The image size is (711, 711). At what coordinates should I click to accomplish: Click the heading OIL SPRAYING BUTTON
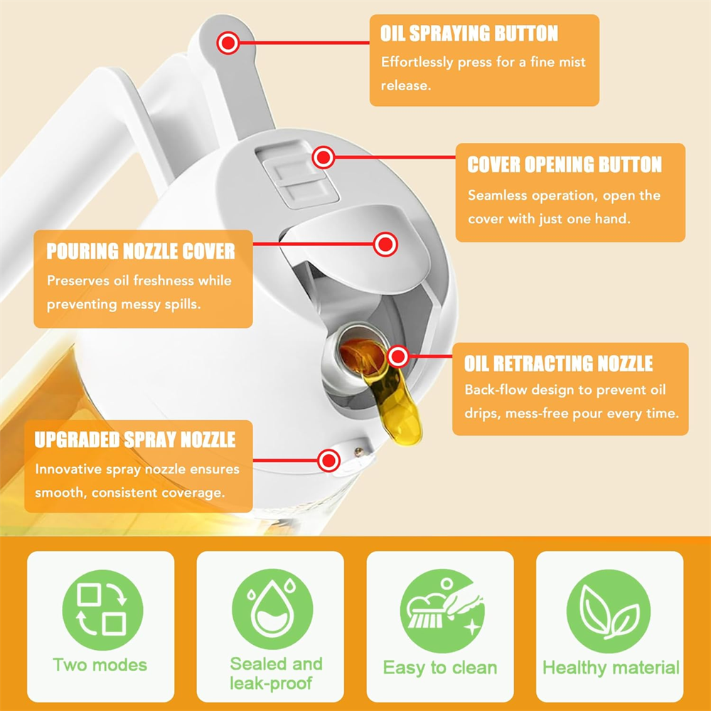[x=469, y=33]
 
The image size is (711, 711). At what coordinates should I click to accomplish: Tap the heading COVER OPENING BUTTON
[x=565, y=165]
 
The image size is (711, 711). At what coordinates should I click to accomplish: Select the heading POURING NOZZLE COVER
[x=141, y=252]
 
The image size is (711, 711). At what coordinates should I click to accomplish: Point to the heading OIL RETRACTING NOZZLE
[x=558, y=365]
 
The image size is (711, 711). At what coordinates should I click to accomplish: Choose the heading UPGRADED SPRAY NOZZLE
[x=135, y=439]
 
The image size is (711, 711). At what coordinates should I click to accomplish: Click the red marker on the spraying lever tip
[x=228, y=43]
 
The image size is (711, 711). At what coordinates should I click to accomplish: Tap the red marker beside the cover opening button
[x=324, y=156]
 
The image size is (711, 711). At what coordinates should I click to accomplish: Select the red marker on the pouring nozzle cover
[x=385, y=245]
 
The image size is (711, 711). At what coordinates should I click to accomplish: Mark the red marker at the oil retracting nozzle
[x=398, y=356]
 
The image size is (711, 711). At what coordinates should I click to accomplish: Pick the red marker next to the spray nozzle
[x=328, y=461]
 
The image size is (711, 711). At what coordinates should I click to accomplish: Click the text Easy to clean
[x=440, y=668]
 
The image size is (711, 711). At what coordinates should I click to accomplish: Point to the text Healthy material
[x=611, y=668]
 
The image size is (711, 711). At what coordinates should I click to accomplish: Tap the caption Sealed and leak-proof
[x=276, y=673]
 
